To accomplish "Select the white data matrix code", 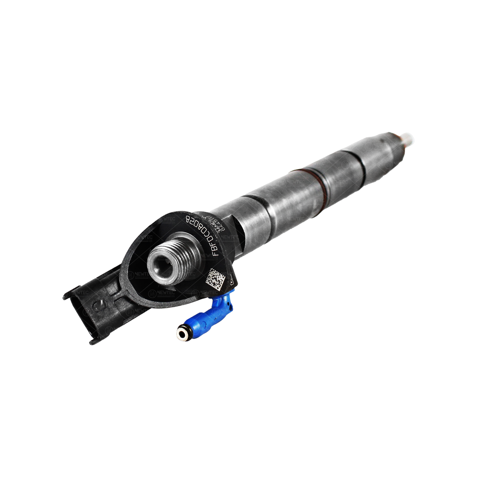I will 216,278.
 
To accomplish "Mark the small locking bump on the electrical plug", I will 98,305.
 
